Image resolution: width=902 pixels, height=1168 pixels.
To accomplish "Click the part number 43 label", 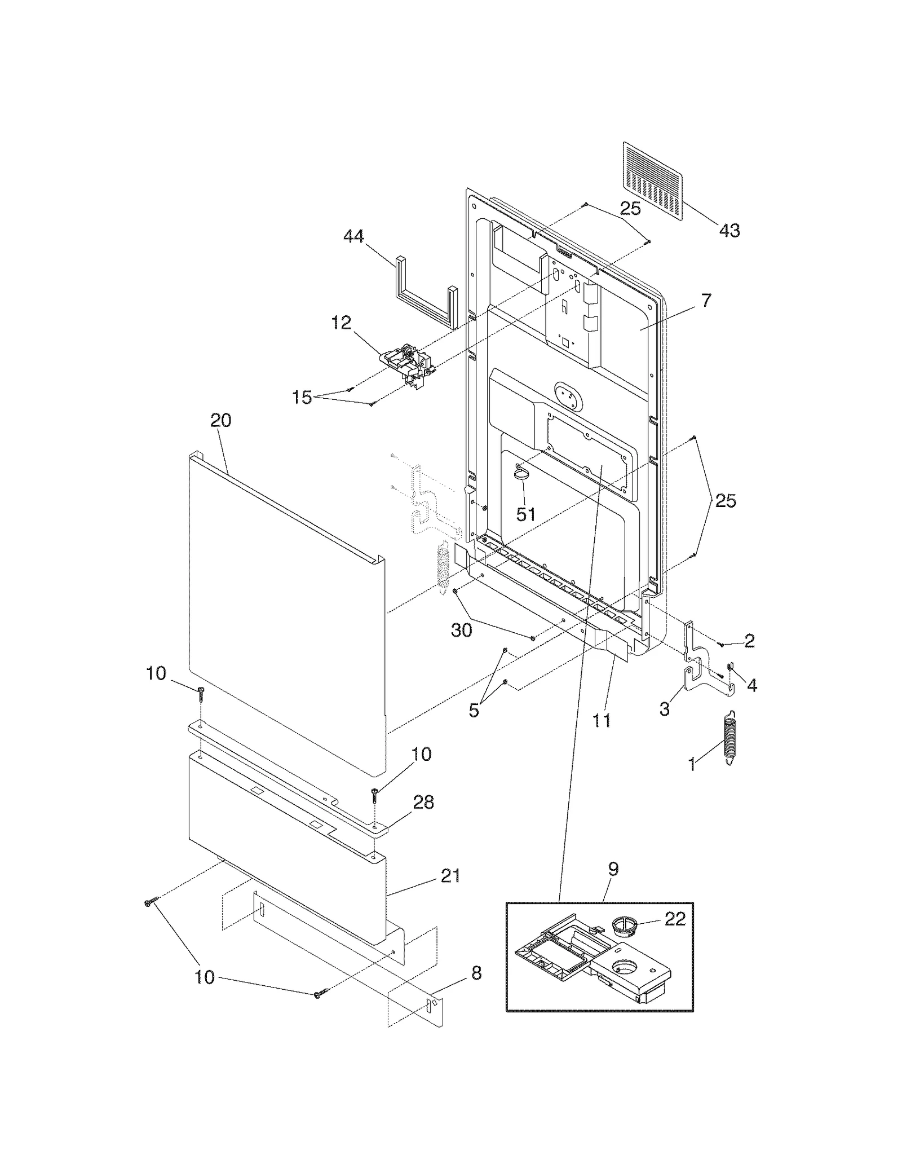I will tap(729, 231).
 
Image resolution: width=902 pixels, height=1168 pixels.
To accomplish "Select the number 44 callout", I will tap(353, 237).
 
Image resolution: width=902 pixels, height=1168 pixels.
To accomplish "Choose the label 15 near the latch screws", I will tap(302, 398).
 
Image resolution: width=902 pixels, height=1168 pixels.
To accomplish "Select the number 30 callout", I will tap(461, 631).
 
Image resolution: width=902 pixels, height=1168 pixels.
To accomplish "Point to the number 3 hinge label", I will tap(665, 709).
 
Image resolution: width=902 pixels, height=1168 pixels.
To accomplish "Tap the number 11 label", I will tap(602, 720).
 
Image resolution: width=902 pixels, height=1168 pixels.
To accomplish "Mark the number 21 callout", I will tap(450, 875).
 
